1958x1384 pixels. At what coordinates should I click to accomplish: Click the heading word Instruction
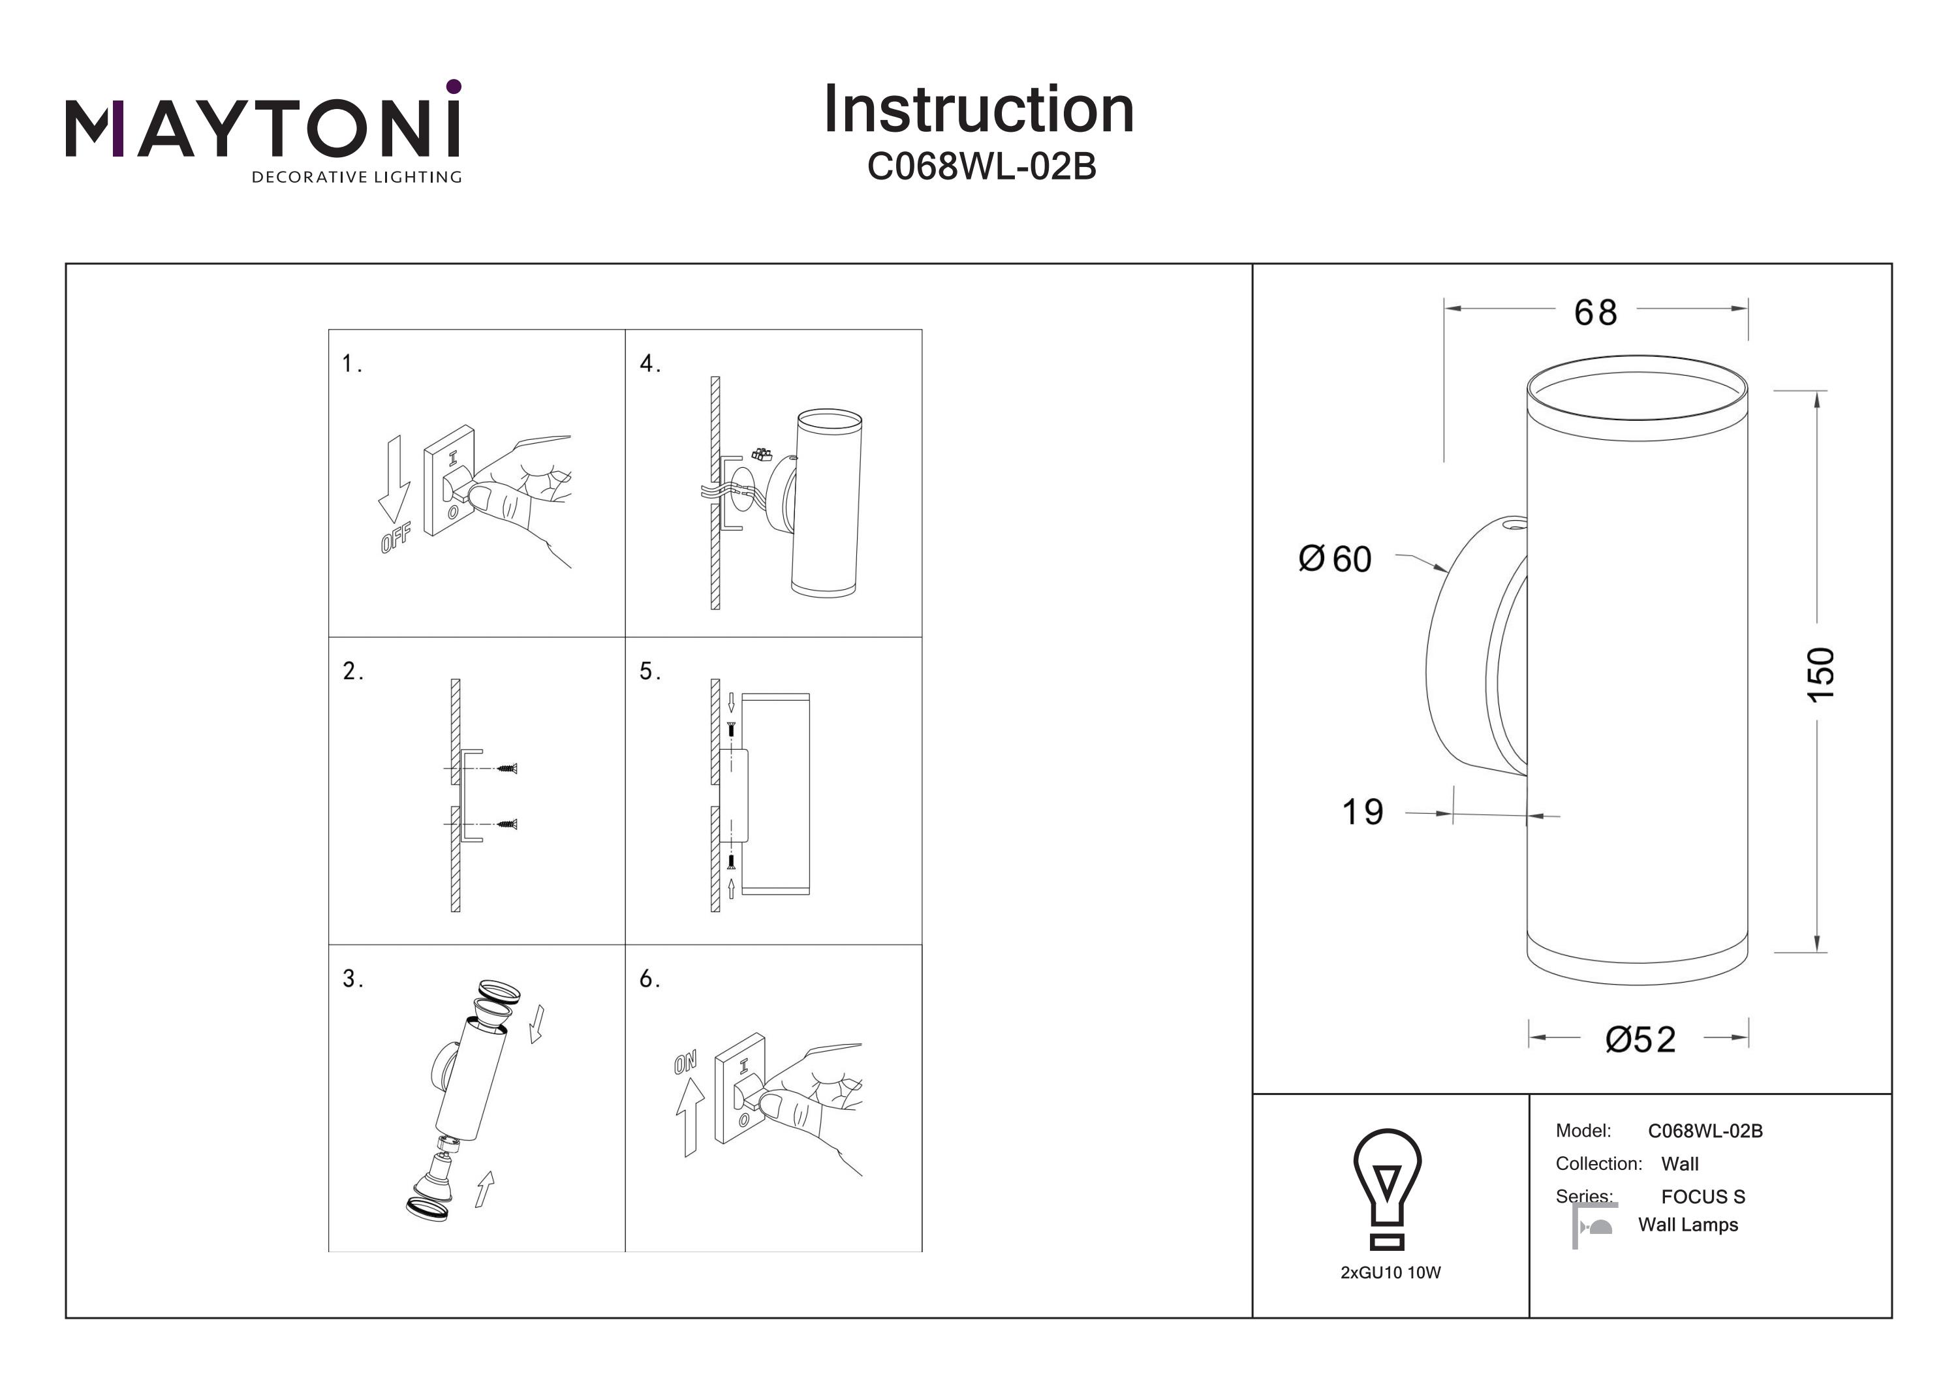979,110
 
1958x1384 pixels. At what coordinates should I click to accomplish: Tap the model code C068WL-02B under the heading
981,167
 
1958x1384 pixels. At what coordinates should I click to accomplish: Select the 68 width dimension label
1596,313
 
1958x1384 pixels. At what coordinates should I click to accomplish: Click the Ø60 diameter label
1335,559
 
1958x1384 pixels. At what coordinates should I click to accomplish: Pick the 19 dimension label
1363,812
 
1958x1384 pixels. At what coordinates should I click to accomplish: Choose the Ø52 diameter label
1641,1039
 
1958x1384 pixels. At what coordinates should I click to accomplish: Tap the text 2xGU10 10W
1391,1273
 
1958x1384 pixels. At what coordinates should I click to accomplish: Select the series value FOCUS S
1703,1197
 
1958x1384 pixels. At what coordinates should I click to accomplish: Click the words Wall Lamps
1688,1225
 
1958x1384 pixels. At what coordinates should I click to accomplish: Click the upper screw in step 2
507,768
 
